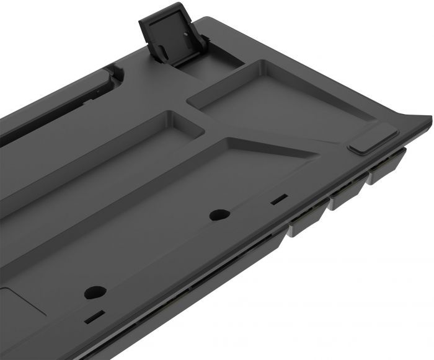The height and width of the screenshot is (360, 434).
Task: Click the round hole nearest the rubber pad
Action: pyautogui.click(x=216, y=215)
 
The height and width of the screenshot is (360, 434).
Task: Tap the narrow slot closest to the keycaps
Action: pyautogui.click(x=280, y=200)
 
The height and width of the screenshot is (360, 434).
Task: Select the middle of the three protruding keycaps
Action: pyautogui.click(x=347, y=196)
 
